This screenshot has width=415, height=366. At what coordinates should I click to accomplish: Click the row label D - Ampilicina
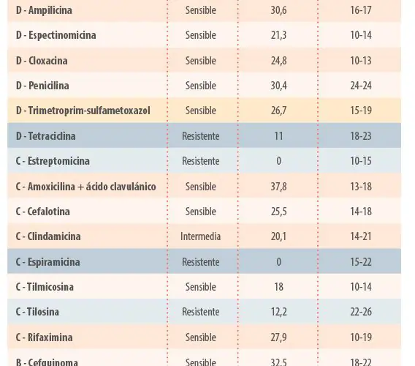pos(44,10)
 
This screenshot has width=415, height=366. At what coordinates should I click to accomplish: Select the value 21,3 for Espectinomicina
pos(278,35)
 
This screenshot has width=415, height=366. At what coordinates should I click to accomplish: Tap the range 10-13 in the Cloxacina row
pos(361,61)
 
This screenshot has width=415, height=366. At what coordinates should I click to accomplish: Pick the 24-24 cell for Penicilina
pos(361,86)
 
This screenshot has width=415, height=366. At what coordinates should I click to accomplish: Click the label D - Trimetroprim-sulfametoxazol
pos(83,111)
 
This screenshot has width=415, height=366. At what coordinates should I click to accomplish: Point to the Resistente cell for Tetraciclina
pos(201,136)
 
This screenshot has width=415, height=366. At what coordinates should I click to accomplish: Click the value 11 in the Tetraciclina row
pos(278,136)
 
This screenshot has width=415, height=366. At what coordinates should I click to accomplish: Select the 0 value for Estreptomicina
pos(278,161)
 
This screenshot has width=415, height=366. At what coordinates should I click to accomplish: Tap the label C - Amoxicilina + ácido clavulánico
pos(85,187)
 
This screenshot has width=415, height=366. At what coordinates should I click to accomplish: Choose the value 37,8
pos(278,187)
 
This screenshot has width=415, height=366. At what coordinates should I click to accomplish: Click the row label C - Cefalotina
pos(43,212)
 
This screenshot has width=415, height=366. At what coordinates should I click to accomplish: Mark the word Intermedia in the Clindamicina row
pos(201,236)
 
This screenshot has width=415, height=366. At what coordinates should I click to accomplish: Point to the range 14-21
pos(361,236)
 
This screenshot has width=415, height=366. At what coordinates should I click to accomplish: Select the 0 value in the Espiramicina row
pos(278,262)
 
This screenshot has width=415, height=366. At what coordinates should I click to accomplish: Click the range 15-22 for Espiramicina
pos(361,262)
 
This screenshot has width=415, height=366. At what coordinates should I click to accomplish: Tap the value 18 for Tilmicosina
pos(278,287)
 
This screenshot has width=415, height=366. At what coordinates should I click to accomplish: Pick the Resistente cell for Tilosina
pos(201,312)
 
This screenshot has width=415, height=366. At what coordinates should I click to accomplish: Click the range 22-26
pos(361,312)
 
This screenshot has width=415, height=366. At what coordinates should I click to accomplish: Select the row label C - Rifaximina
pos(44,337)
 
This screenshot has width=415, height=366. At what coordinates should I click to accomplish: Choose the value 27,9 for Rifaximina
pos(278,337)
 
